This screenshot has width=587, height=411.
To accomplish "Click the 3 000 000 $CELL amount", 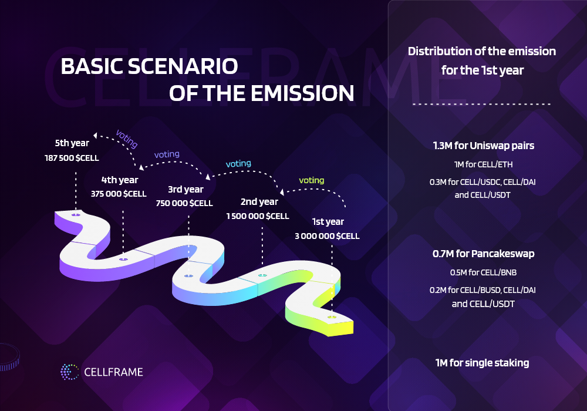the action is tap(327, 236).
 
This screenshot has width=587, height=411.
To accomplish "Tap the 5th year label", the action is tap(72, 143).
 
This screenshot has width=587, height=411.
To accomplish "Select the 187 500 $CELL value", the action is tap(72, 158).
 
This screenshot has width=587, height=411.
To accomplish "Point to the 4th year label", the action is tap(120, 180).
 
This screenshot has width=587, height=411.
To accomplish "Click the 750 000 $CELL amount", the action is tap(184, 203).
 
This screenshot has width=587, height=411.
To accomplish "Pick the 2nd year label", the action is tap(259, 202).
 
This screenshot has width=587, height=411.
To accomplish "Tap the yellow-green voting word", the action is tap(312, 180).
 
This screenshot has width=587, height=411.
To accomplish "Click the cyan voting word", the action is tap(238, 164).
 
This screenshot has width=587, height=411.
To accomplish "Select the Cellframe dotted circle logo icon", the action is tap(70, 372).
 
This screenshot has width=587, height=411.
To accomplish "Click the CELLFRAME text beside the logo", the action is tap(113, 372).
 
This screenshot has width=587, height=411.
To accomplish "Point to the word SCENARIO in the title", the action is tap(183, 66).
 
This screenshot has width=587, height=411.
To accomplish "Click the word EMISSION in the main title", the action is tap(302, 93).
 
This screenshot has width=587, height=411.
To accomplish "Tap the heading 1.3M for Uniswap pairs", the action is tap(483, 146).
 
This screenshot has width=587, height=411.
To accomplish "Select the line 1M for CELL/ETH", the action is tap(483, 164).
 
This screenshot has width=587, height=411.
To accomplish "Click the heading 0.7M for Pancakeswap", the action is tap(483, 254).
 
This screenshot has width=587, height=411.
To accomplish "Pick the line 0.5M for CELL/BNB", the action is tap(483, 272).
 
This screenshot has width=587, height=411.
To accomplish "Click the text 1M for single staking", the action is tap(482, 363).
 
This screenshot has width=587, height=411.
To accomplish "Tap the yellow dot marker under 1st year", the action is tap(332, 317).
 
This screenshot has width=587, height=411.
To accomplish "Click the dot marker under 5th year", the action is tap(76, 215).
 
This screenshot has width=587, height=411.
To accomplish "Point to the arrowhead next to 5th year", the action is tap(95, 135).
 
